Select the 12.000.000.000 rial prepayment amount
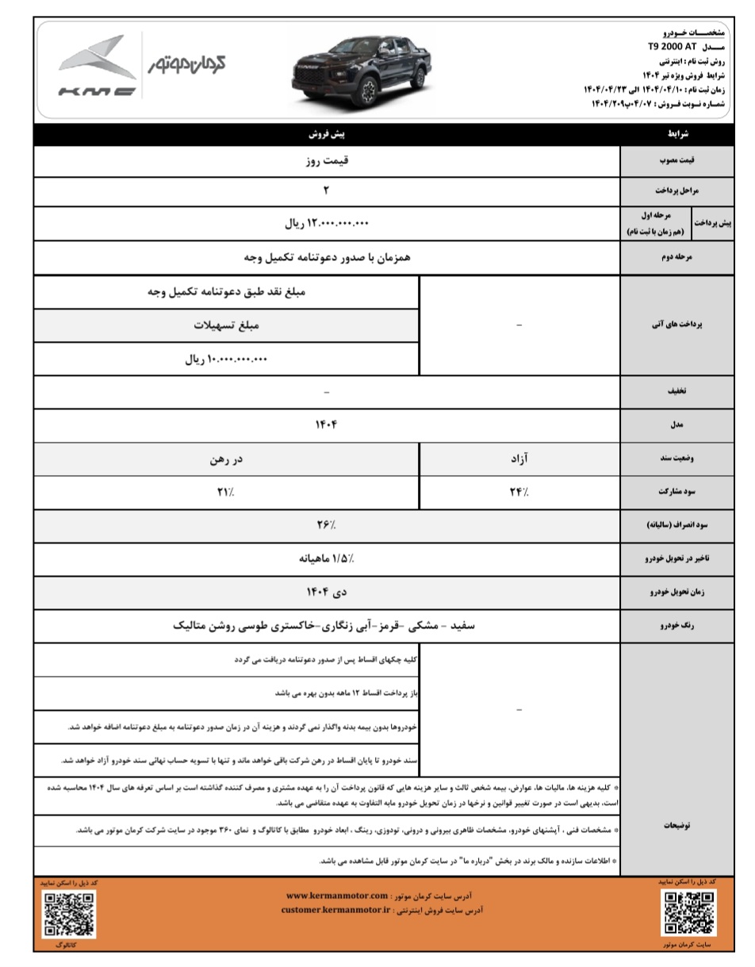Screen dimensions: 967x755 click(327, 224)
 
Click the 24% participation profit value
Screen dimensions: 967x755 click(519, 492)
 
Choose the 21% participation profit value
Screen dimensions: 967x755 click(226, 492)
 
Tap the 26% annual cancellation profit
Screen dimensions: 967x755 click(327, 525)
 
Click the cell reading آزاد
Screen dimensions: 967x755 click(519, 459)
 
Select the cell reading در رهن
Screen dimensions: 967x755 click(226, 459)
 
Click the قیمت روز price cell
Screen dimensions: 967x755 click(327, 160)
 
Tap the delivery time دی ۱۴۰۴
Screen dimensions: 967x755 click(327, 592)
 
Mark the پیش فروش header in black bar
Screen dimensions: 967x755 click(327, 135)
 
